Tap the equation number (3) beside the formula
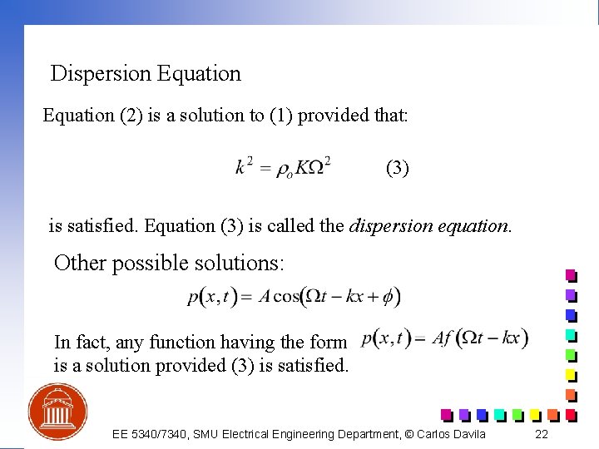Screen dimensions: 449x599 click(x=397, y=168)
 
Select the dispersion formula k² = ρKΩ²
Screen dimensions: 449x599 click(x=283, y=167)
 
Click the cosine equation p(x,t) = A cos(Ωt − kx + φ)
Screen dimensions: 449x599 click(x=294, y=296)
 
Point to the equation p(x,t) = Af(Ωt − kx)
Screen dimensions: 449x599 click(x=445, y=338)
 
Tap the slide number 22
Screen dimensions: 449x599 click(x=542, y=434)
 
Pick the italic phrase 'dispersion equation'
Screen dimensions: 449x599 click(x=430, y=225)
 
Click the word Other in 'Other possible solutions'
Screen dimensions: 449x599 click(x=80, y=264)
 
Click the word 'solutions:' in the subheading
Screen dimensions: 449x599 click(x=245, y=264)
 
